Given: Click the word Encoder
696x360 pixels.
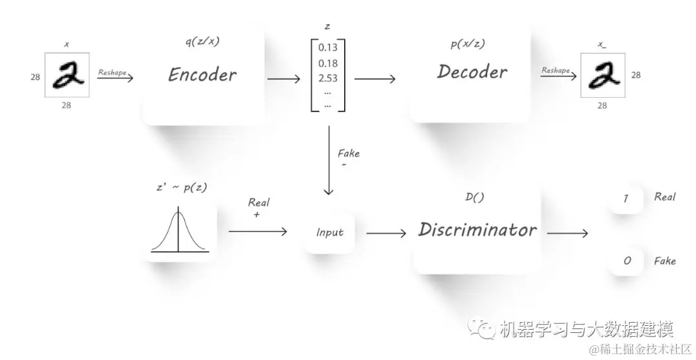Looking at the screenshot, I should [202, 74].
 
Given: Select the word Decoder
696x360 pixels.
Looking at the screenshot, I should [472, 71].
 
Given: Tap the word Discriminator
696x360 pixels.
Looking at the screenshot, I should [477, 230].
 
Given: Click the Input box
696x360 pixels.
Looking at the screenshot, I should [329, 232].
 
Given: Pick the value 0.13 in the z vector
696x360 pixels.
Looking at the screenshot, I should [327, 48].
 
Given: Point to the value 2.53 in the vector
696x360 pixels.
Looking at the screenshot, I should [327, 79].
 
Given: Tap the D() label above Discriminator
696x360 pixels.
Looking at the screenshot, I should [474, 198].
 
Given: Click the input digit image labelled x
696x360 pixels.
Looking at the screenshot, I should [67, 75].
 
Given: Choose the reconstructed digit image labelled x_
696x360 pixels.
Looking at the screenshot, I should [602, 75].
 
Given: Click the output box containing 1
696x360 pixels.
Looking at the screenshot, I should [626, 198].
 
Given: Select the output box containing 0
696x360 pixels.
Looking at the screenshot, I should [626, 261].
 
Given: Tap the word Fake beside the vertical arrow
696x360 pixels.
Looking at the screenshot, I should [349, 153].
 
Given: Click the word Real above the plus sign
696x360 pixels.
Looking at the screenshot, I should [258, 202].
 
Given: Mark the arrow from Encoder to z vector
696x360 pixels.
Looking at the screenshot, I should [284, 79].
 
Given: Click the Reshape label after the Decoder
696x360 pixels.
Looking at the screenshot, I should [555, 70].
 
